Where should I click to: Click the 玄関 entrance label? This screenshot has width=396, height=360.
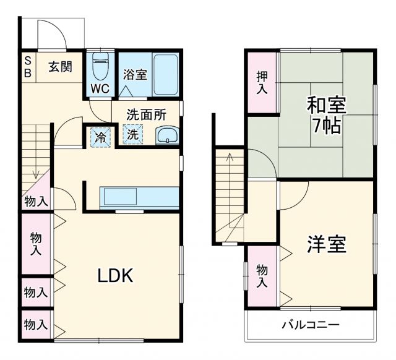tap(60, 67)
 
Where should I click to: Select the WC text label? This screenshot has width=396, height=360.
tap(100, 88)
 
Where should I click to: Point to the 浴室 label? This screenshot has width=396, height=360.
tap(134, 75)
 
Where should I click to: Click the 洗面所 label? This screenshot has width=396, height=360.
tap(146, 114)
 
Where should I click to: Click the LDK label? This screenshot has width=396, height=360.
tap(115, 276)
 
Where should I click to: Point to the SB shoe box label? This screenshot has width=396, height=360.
tap(28, 66)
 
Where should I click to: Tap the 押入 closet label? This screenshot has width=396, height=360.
tap(262, 82)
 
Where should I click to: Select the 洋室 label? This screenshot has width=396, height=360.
tap(326, 244)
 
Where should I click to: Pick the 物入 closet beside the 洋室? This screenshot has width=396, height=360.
tap(262, 276)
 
